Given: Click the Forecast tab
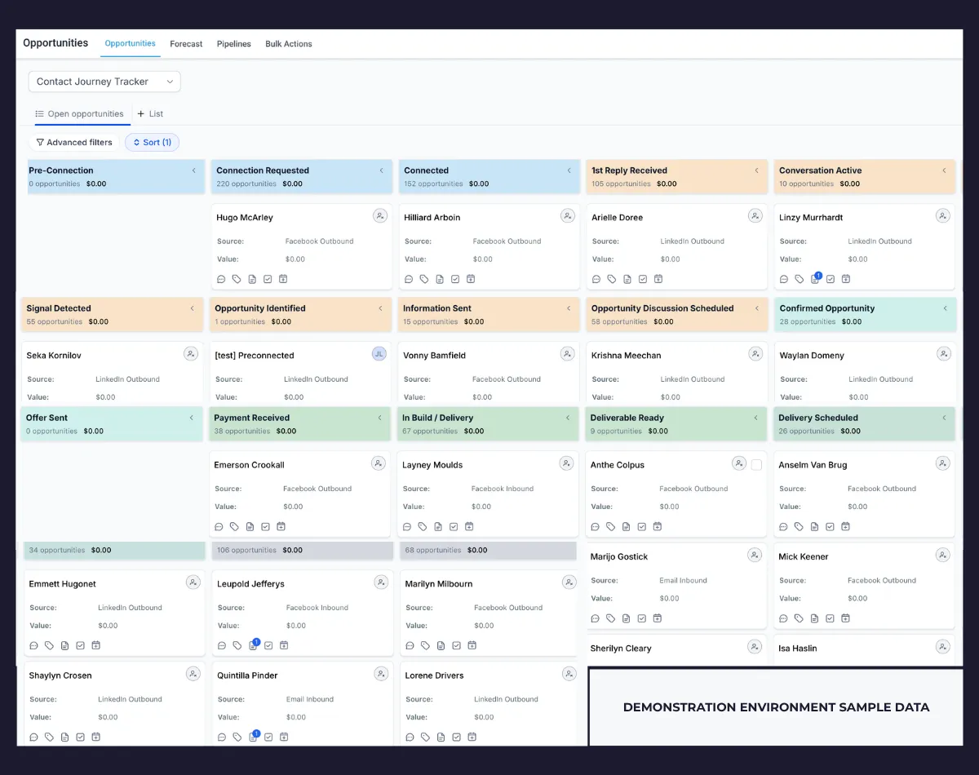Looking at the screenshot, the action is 186,44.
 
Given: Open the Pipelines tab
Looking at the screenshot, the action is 234,44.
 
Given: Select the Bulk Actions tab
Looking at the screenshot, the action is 289,44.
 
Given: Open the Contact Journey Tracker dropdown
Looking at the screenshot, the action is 104,82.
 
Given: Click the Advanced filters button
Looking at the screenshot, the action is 74,143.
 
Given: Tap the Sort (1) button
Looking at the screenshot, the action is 152,143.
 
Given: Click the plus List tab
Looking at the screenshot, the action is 150,113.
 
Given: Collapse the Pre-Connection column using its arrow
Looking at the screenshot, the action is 194,170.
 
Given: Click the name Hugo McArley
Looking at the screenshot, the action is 245,218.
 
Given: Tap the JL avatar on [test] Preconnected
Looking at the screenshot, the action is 379,354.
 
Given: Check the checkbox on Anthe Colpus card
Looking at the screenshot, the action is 756,465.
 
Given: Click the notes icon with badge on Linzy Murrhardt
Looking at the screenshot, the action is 816,278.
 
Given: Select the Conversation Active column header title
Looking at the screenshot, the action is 820,170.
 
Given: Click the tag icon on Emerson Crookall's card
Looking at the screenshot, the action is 234,526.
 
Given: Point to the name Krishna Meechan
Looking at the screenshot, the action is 626,356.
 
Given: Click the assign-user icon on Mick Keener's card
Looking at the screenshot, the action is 942,556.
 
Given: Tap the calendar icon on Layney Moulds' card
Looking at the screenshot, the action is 469,526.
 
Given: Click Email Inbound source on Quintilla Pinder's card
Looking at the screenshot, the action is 310,699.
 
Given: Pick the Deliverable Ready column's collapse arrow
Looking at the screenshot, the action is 756,418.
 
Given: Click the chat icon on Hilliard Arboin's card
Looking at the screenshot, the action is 409,279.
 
